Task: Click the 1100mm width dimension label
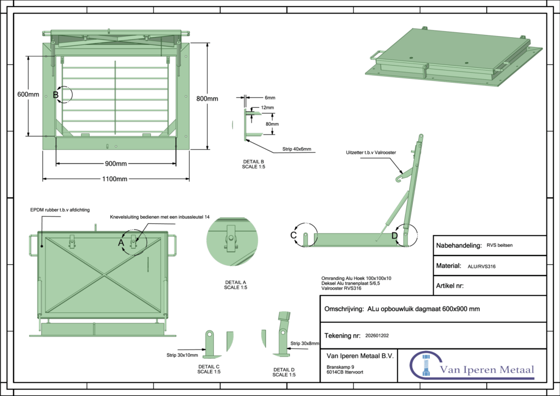coord(114,179)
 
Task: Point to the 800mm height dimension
coord(207,98)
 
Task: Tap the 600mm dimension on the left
coord(28,94)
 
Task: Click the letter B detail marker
coord(56,95)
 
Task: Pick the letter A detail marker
coord(122,241)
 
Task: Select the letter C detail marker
coord(293,235)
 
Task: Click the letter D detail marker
coord(395,236)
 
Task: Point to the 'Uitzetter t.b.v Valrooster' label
coord(371,152)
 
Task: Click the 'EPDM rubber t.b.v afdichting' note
coord(60,209)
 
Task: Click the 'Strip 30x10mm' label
coord(182,355)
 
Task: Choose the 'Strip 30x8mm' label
coord(304,343)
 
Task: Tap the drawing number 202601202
coord(377,335)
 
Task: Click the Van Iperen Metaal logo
coord(472,365)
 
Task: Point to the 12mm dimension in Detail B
coord(267,108)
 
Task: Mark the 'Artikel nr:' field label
coord(450,286)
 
